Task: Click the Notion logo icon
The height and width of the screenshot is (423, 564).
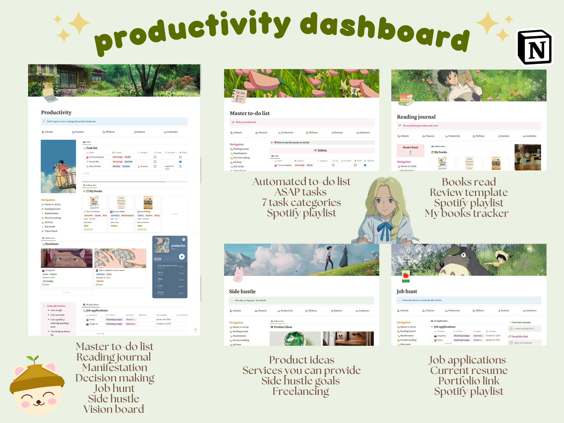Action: pos(535,48)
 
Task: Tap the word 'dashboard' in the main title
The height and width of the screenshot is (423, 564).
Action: pos(384,32)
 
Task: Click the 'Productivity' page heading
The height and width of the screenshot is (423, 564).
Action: pos(56,112)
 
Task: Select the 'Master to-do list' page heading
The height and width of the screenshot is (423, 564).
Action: pos(249,113)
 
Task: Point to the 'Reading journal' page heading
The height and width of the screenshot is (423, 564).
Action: pos(416,117)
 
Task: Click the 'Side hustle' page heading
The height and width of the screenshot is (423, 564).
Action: pos(242,291)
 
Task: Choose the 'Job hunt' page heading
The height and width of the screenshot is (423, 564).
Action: pos(407,291)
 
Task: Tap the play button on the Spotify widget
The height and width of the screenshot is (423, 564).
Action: pos(181,256)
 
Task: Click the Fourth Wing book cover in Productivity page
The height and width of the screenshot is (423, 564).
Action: pos(148,203)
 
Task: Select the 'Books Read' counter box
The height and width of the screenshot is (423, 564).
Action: pos(410,150)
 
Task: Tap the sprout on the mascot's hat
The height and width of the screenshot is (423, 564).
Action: pos(32,359)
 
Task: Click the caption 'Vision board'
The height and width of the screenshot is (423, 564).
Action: pos(114,409)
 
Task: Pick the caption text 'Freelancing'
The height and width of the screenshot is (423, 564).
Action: pos(301,391)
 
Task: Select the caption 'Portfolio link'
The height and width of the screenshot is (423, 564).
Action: pos(469,380)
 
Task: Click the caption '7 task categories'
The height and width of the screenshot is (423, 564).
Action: pos(301,202)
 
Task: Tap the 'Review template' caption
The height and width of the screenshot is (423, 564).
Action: pos(469,192)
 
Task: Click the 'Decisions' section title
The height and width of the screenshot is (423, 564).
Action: pos(52,244)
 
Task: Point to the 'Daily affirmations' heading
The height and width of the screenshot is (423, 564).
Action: pos(56,306)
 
